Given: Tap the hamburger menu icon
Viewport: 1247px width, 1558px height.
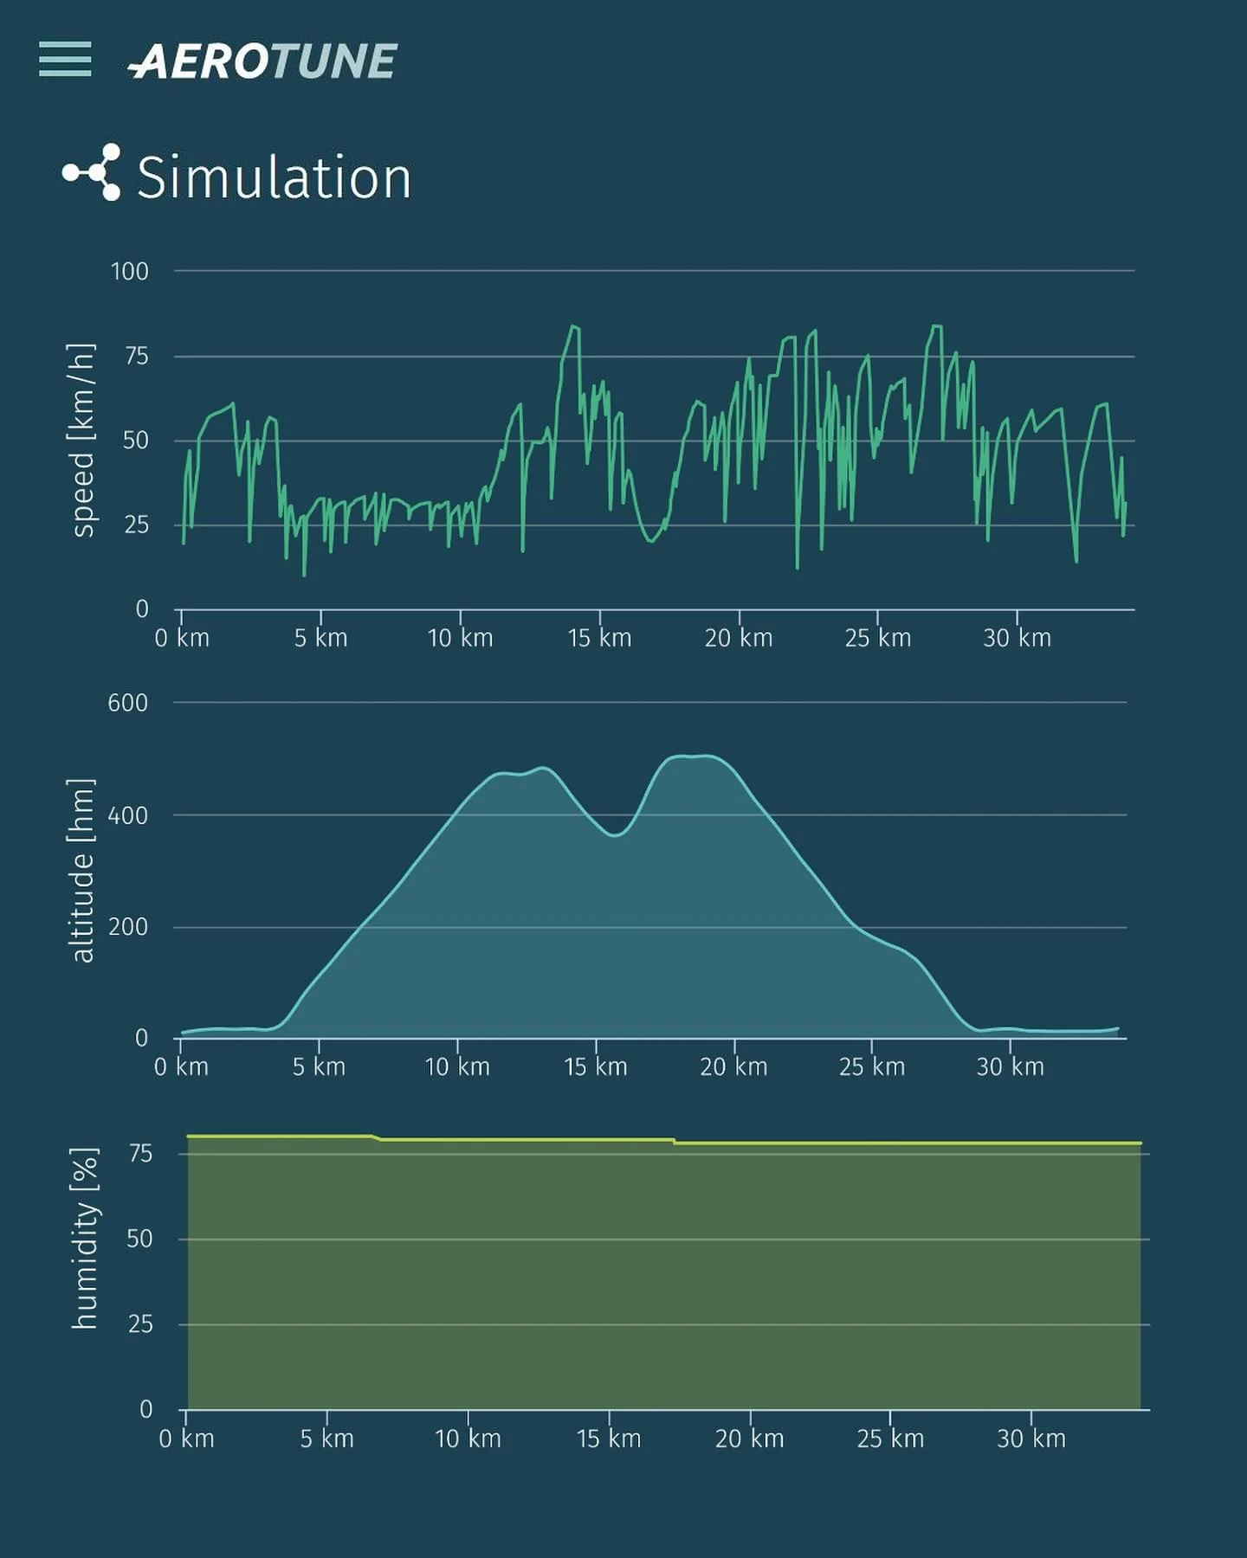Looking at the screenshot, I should coord(65,59).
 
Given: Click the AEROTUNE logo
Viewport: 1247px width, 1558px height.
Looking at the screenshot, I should coord(262,61).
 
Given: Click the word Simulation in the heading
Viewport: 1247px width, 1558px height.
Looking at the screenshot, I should coord(274,178).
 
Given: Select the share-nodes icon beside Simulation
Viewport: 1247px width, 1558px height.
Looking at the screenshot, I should coord(92,172).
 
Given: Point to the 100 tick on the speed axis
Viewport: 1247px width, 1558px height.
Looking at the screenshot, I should coord(130,272).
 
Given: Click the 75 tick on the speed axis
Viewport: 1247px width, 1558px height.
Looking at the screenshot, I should coord(136,356).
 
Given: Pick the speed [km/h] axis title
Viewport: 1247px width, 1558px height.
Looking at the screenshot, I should coord(81,440).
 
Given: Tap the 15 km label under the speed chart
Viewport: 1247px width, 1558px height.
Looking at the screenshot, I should coord(599,639).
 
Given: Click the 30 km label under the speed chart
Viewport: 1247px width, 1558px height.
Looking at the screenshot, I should coord(1017,639).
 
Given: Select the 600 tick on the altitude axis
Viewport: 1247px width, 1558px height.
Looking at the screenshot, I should coord(128,703).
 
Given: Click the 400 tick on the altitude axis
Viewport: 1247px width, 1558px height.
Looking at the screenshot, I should coord(128,815).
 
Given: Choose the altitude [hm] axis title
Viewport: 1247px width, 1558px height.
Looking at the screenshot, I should coord(81,870).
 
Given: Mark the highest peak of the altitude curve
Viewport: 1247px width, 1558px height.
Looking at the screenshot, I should coord(697,756).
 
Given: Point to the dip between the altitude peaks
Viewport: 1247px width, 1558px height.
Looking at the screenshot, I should coord(615,834).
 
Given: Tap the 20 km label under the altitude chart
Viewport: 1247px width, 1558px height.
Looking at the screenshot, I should coord(733,1067).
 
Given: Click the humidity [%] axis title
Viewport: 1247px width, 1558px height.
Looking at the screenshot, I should coord(84,1238).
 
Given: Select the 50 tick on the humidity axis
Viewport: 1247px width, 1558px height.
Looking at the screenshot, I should coord(139,1239).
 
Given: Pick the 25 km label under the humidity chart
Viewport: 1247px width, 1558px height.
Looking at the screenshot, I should coord(890,1439).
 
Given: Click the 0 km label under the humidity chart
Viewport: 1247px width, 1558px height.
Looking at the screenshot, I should coord(186,1439).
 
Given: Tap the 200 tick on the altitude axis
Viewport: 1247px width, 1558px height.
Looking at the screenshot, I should coord(128,927).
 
